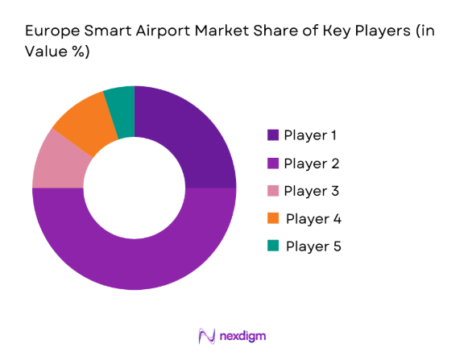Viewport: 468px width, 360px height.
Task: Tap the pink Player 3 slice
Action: (x=56, y=161)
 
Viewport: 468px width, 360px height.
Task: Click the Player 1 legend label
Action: (x=311, y=135)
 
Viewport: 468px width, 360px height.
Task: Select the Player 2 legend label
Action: (x=311, y=163)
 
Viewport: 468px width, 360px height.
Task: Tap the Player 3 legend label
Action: (x=311, y=191)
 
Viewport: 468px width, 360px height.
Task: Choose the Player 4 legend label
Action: (x=313, y=218)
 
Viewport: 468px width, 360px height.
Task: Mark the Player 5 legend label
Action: (x=313, y=246)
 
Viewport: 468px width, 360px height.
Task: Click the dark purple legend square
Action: (x=273, y=135)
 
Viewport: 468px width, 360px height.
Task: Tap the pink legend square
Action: (x=273, y=191)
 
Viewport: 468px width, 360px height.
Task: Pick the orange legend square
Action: (x=273, y=218)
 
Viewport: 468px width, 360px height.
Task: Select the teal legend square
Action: (x=273, y=246)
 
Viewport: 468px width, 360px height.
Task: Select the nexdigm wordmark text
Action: (x=242, y=335)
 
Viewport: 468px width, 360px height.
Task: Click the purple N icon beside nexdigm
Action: (x=206, y=335)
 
